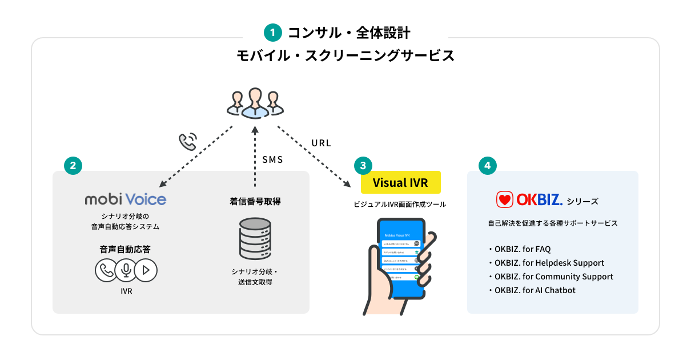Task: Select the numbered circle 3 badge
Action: click(362, 166)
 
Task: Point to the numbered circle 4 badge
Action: click(487, 166)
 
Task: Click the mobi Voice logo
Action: click(126, 199)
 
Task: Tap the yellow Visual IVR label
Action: click(400, 183)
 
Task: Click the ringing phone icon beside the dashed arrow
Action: click(188, 141)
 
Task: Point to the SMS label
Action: click(272, 160)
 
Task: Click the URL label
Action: click(322, 143)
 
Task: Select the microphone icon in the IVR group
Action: click(126, 270)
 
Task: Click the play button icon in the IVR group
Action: click(146, 270)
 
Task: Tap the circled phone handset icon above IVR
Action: click(106, 270)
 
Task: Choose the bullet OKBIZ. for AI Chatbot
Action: click(535, 290)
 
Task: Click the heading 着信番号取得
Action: click(255, 202)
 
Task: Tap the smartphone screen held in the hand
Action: click(401, 257)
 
